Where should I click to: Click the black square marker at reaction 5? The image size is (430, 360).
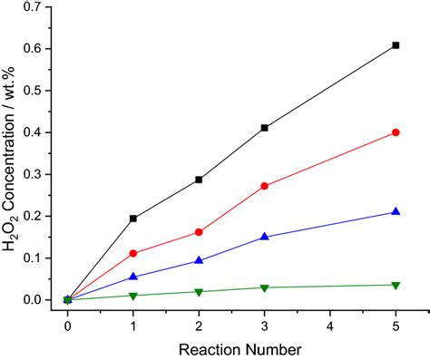(x=396, y=45)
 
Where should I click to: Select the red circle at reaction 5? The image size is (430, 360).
(x=396, y=132)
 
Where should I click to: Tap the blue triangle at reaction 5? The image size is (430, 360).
(x=396, y=211)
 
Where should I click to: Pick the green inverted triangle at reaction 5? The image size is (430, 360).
(x=396, y=285)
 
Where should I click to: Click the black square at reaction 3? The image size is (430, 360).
(x=264, y=128)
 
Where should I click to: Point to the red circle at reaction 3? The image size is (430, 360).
(x=264, y=186)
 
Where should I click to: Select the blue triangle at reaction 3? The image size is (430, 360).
(x=264, y=236)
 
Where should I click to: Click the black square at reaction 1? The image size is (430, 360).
(x=133, y=219)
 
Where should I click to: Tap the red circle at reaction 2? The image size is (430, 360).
(x=199, y=232)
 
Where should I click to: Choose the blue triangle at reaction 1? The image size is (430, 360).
(x=133, y=277)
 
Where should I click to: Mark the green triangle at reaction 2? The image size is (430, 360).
(x=199, y=292)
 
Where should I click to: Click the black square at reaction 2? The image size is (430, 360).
(x=199, y=180)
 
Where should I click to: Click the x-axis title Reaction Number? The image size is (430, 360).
(x=231, y=347)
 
